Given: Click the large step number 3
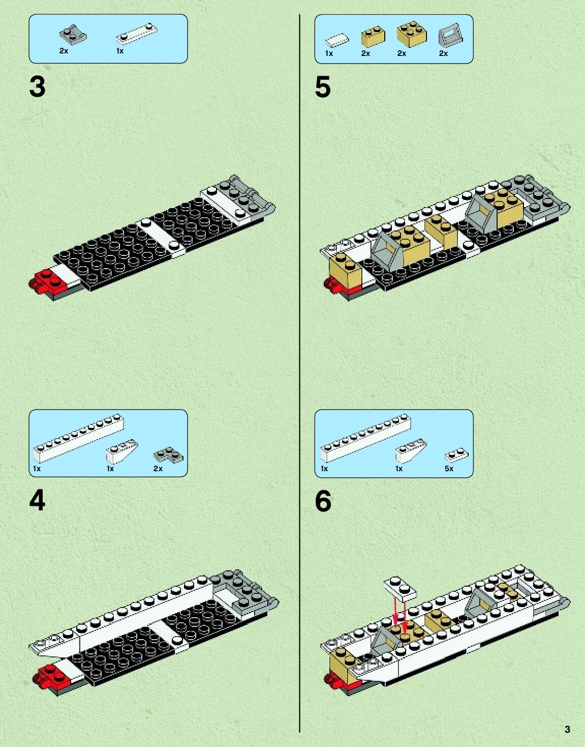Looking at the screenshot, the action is [x=37, y=87].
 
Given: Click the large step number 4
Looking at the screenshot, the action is [x=37, y=501].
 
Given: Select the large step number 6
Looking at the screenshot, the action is [x=323, y=501].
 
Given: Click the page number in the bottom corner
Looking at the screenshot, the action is [x=567, y=729].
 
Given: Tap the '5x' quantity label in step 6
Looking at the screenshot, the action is [x=449, y=469].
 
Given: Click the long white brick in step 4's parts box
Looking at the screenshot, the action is [x=79, y=437].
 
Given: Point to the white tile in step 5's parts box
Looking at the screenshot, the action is [x=337, y=40].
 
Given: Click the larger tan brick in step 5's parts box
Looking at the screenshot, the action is [x=411, y=34].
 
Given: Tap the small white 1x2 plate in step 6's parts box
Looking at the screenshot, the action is [x=456, y=455].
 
